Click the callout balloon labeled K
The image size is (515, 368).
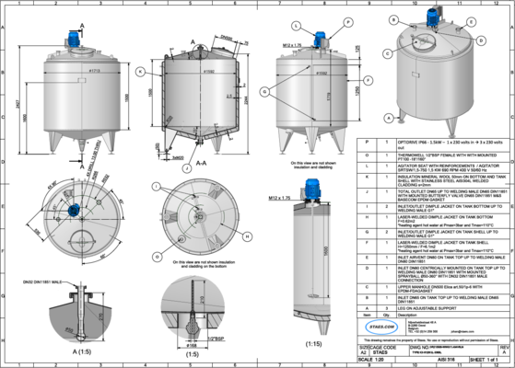pyautogui.click(x=139, y=70)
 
